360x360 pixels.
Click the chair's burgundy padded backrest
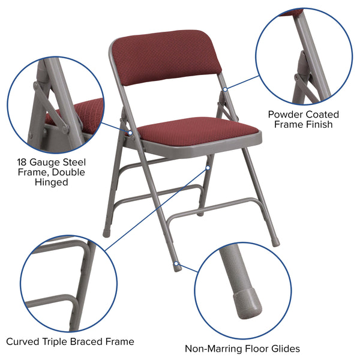tap(167, 59)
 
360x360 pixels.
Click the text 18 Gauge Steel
tap(51, 163)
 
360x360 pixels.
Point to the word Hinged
tap(51, 182)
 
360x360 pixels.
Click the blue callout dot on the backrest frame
tap(225, 89)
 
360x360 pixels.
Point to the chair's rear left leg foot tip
tap(107, 235)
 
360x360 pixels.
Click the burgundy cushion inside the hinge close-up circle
tap(78, 113)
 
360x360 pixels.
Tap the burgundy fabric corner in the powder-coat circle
tap(292, 13)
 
